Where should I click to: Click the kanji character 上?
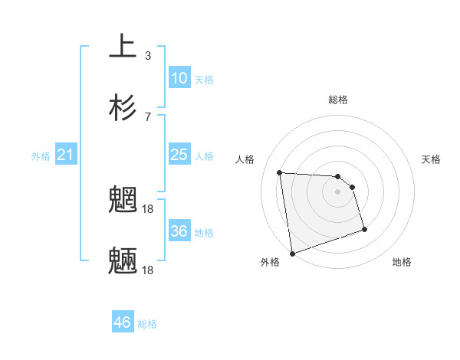tap(123, 47)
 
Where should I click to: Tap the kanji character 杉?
tap(123, 107)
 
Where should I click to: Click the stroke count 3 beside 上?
tap(147, 55)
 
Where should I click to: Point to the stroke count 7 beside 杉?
tap(147, 116)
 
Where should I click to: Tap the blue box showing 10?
tap(179, 78)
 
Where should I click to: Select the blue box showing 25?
tap(179, 155)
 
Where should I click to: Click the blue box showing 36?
tap(179, 231)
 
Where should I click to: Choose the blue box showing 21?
tap(65, 155)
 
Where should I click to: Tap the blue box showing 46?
tap(122, 322)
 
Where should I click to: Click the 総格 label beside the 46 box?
tap(147, 324)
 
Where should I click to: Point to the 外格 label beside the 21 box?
tap(41, 156)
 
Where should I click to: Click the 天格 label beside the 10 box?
tap(204, 79)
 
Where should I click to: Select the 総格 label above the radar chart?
tap(337, 100)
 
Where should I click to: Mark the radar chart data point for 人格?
tap(280, 172)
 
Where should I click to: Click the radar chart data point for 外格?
tap(291, 253)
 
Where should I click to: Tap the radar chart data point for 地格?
tap(364, 229)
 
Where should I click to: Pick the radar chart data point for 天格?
tap(353, 187)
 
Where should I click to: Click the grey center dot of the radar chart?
tap(337, 191)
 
